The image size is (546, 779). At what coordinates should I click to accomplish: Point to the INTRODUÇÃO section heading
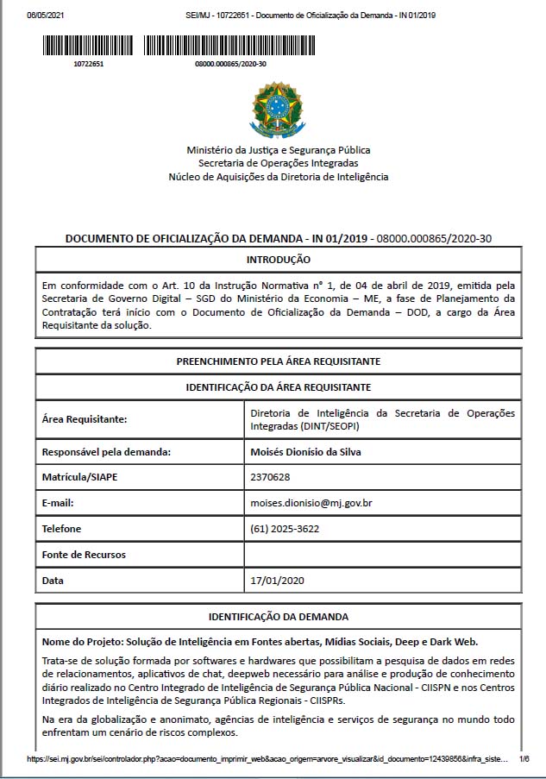278,259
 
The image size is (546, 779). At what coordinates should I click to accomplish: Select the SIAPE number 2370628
269,477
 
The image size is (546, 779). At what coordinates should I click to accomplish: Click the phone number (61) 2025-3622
284,528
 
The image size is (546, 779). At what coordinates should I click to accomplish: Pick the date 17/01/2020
276,580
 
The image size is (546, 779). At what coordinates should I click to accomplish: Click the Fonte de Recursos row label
84,555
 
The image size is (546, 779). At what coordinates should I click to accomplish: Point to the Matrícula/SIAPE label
82,477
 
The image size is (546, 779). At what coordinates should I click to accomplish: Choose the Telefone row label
61,529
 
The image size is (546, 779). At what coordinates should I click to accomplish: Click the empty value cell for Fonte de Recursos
382,555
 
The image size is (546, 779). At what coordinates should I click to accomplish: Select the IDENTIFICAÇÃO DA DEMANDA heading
278,617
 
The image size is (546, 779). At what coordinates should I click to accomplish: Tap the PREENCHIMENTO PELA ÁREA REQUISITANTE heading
278,361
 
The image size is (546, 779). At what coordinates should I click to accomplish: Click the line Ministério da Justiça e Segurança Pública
278,150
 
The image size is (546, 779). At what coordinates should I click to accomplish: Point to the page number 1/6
524,759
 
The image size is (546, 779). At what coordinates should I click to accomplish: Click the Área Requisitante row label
85,420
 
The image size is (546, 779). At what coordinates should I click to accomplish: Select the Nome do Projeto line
259,642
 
